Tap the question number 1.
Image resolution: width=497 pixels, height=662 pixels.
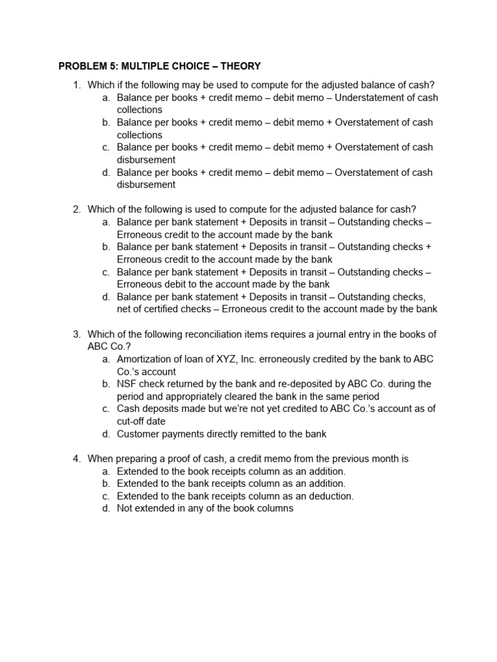(76, 85)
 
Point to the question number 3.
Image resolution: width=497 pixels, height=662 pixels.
(76, 334)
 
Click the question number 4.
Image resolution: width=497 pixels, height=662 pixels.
(76, 459)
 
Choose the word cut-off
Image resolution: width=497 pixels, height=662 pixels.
(134, 422)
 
